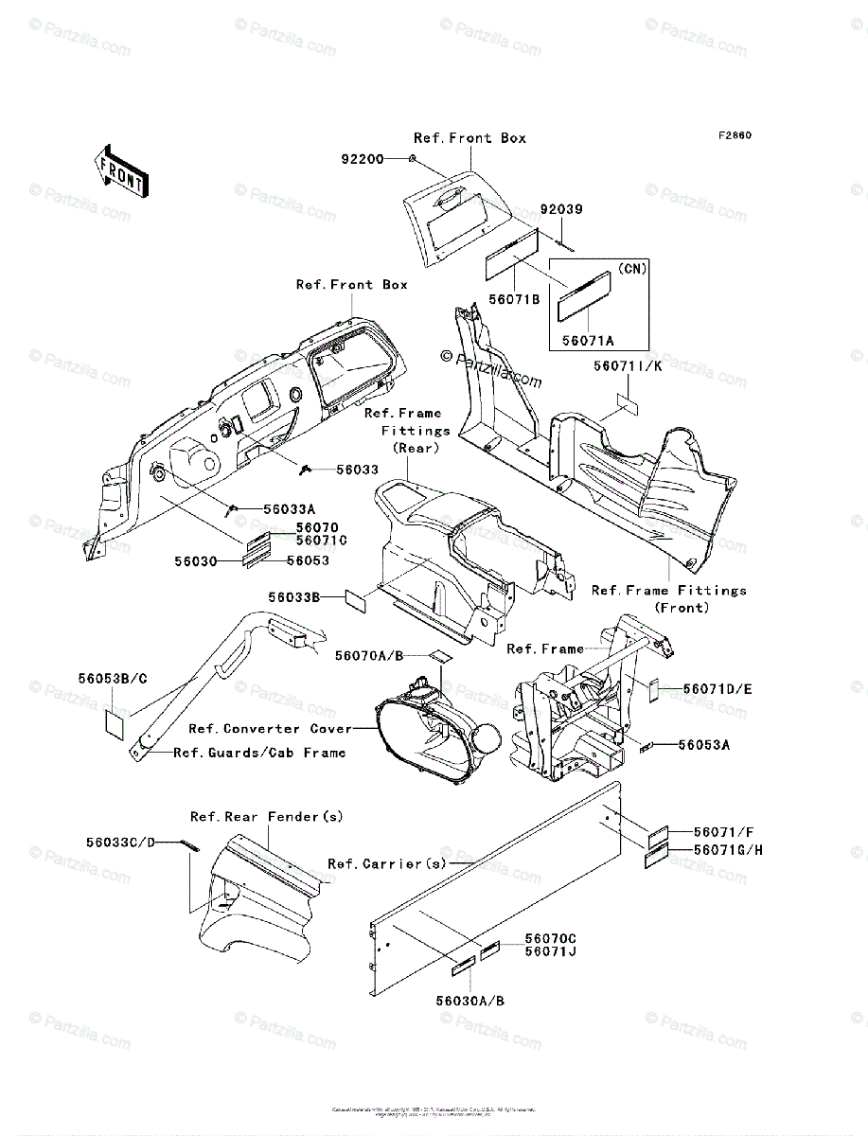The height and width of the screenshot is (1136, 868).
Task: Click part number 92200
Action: tap(363, 160)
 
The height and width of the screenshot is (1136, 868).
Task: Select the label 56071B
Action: tap(515, 299)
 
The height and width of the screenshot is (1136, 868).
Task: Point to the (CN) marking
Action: tap(631, 269)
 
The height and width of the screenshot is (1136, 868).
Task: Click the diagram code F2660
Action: tap(734, 135)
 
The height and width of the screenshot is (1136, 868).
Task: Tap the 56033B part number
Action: tap(294, 597)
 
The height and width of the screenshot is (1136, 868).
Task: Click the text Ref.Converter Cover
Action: tap(270, 729)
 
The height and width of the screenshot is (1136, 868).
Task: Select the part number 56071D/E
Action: tap(716, 689)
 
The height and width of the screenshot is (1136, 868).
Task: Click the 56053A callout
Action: tap(704, 745)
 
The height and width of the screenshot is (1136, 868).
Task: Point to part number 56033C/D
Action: tap(119, 842)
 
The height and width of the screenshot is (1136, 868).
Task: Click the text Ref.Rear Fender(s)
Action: tap(267, 816)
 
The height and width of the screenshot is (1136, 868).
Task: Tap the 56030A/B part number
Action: tap(470, 1001)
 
